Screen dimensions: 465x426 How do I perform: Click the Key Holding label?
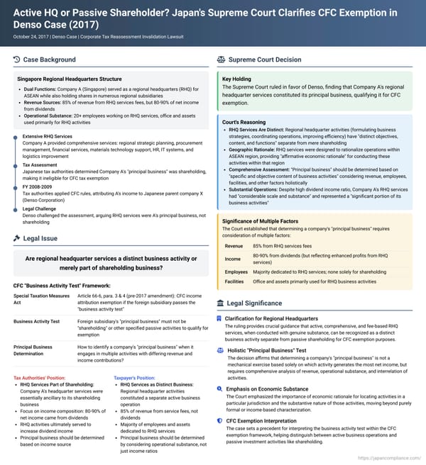pyautogui.click(x=238, y=79)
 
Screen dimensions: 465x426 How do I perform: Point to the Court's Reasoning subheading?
pyautogui.click(x=245, y=122)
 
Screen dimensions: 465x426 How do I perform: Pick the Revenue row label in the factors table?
pyautogui.click(x=234, y=225)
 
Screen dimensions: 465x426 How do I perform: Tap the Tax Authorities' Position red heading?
pyautogui.click(x=41, y=378)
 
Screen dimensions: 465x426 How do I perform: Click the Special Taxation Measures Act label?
pyautogui.click(x=41, y=298)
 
